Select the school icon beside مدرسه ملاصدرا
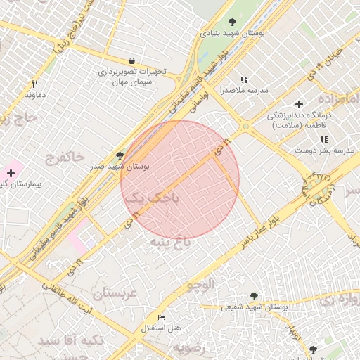pos(244,80)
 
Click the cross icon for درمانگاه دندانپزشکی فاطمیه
pos(300,104)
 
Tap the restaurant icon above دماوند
pos(35,83)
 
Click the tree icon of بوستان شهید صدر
pos(119,155)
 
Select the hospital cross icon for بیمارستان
pos(11,173)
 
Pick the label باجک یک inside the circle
pos(152,199)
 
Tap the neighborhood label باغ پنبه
pos(171,242)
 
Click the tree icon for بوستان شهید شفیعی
pos(254,296)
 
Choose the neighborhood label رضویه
pos(191,348)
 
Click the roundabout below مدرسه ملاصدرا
pos(245,127)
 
